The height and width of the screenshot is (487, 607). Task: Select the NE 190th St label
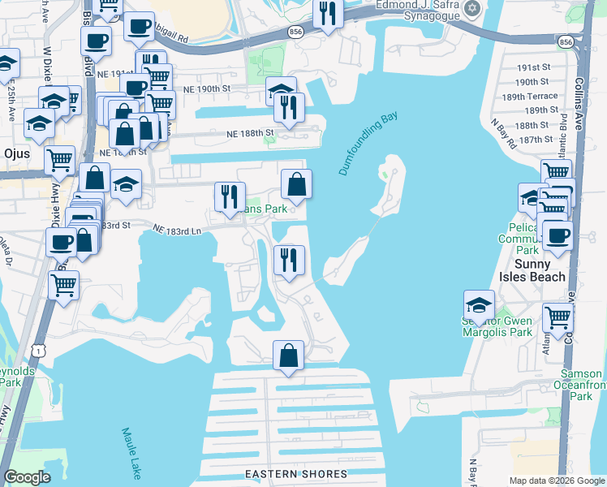click(208, 88)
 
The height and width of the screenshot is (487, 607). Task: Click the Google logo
click(28, 477)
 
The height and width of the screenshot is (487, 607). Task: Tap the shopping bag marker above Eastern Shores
click(289, 356)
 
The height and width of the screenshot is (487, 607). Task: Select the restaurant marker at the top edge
click(328, 14)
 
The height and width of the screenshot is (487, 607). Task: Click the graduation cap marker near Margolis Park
click(479, 306)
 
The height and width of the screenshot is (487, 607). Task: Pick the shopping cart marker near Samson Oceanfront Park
click(557, 320)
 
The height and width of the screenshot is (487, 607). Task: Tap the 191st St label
click(536, 67)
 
